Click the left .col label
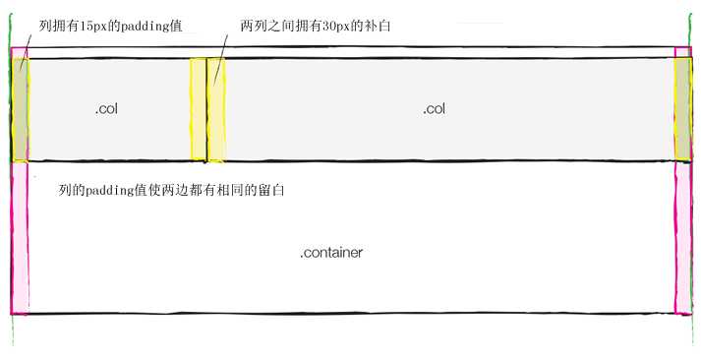pyautogui.click(x=107, y=109)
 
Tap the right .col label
pyautogui.click(x=435, y=109)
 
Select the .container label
pyautogui.click(x=331, y=253)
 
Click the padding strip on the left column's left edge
pyautogui.click(x=20, y=108)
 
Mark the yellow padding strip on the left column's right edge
pyautogui.click(x=198, y=108)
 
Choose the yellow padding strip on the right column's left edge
pyautogui.click(x=216, y=108)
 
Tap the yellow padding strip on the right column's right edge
pyautogui.click(x=683, y=108)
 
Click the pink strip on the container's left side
pyautogui.click(x=20, y=236)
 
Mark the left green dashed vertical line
pyautogui.click(x=11, y=334)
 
